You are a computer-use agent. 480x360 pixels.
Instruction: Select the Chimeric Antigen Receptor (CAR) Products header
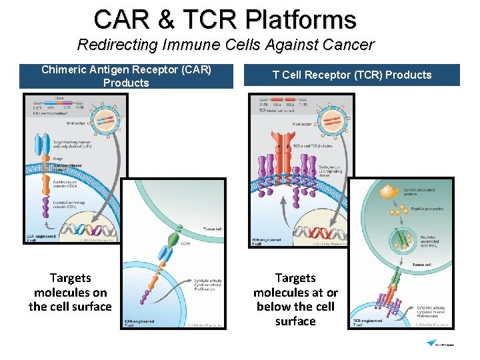[126, 75]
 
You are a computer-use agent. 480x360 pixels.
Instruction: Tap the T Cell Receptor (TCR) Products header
[352, 75]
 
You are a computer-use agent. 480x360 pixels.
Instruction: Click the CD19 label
[187, 244]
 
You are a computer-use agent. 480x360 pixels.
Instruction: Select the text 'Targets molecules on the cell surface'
[70, 292]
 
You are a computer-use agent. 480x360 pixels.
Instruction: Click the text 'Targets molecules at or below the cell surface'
[295, 299]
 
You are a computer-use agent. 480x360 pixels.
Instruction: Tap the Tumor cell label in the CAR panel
[211, 229]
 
